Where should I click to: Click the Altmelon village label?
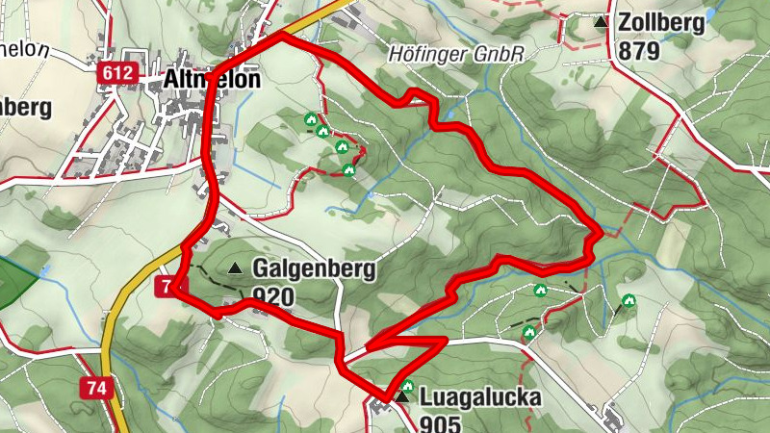tap(203, 80)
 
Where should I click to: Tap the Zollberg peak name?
tap(662, 23)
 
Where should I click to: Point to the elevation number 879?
tap(640, 50)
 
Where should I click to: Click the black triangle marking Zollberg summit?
tap(602, 22)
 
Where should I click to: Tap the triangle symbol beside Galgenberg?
tap(235, 269)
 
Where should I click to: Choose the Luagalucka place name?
tap(481, 397)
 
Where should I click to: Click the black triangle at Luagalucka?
tap(400, 396)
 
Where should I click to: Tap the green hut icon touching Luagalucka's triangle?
tap(408, 387)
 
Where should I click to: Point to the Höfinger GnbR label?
tap(456, 55)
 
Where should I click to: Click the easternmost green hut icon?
tap(629, 300)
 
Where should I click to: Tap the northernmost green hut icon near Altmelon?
tap(311, 119)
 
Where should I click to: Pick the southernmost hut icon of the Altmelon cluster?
tap(349, 170)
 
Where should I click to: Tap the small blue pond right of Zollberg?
tap(709, 14)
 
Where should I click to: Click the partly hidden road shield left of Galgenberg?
tap(164, 287)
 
